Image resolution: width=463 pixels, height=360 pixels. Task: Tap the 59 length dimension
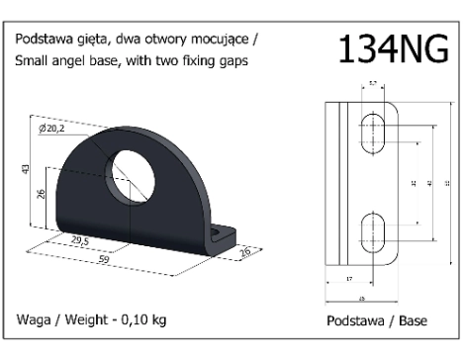pyautogui.click(x=104, y=258)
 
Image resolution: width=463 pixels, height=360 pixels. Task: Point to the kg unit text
pyautogui.click(x=158, y=318)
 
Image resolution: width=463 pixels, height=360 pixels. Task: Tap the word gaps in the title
pyautogui.click(x=229, y=61)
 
